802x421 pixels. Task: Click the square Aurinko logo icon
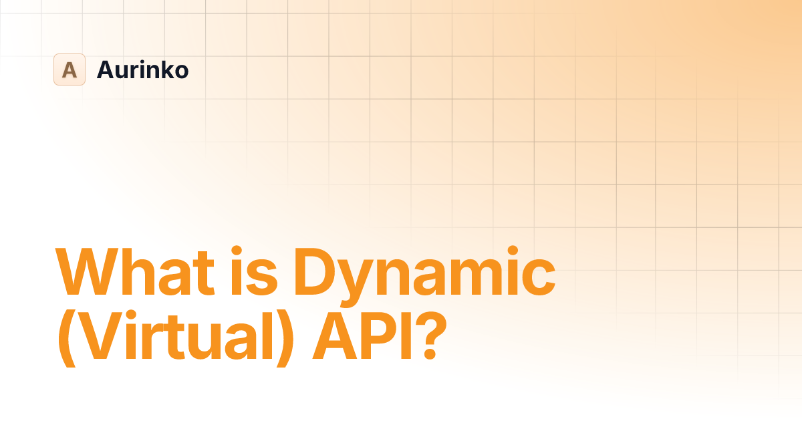pyautogui.click(x=70, y=69)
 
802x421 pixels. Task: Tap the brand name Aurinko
pyautogui.click(x=142, y=69)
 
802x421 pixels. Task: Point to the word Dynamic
pyautogui.click(x=425, y=274)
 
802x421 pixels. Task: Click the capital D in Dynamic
pyautogui.click(x=316, y=273)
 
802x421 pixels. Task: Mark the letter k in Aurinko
pyautogui.click(x=166, y=69)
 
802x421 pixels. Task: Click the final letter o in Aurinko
pyautogui.click(x=181, y=72)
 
